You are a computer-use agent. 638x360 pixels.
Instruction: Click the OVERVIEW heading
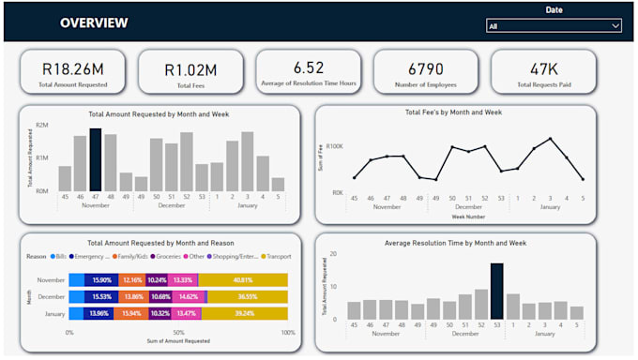[x=94, y=22]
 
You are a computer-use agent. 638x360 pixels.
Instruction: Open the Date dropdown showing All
[x=554, y=26]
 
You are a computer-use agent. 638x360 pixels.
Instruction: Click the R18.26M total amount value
[x=73, y=68]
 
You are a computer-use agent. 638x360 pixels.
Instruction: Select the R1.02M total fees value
[x=190, y=68]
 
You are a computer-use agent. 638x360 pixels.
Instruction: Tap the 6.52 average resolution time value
[x=308, y=67]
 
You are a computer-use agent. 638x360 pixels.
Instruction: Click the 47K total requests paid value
[x=543, y=68]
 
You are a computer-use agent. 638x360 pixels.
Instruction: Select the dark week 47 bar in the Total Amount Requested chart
[x=95, y=159]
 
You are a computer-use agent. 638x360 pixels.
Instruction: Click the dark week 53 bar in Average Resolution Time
[x=496, y=292]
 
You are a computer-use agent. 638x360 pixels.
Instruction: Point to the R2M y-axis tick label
[x=42, y=125]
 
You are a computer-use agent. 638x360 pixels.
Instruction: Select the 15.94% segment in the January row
[x=131, y=313]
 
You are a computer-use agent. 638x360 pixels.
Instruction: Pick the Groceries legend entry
[x=170, y=255]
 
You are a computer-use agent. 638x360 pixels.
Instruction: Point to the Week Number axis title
[x=467, y=215]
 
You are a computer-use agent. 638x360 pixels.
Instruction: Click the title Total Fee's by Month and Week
[x=453, y=112]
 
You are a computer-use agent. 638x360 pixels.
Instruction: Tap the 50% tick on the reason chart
[x=178, y=333]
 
